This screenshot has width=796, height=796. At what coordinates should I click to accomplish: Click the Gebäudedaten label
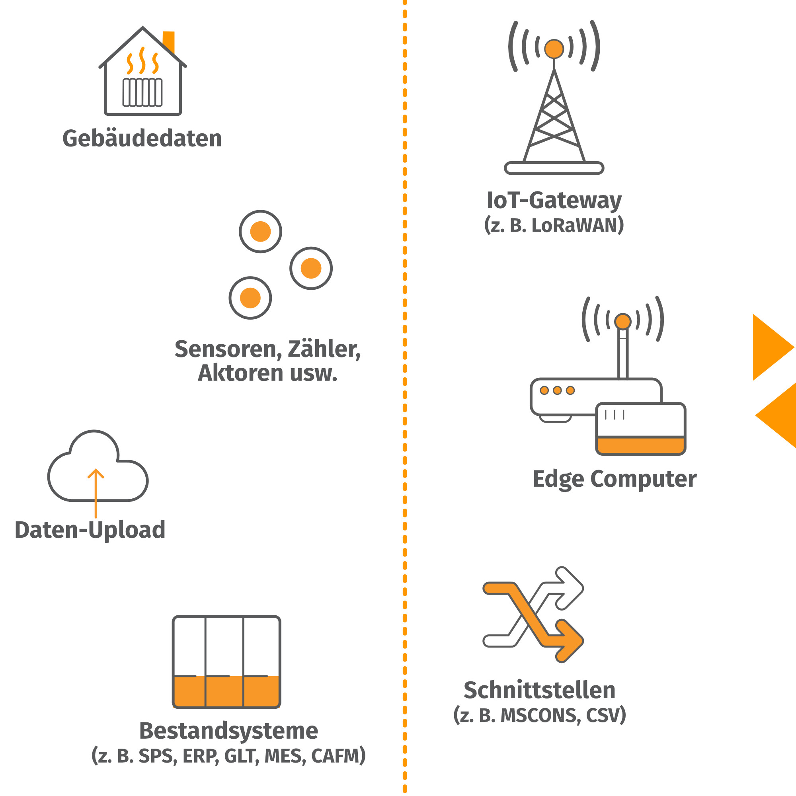click(142, 139)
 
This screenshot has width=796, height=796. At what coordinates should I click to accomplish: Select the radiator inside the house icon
click(142, 92)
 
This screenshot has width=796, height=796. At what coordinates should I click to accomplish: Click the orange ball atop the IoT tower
click(554, 49)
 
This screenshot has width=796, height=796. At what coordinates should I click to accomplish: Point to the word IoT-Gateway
click(554, 201)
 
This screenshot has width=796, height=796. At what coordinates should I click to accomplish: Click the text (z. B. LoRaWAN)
click(554, 225)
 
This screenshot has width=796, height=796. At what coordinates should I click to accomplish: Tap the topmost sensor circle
click(260, 232)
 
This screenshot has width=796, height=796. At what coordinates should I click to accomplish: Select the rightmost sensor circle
click(311, 269)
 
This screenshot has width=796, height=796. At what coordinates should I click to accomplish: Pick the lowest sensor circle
click(250, 298)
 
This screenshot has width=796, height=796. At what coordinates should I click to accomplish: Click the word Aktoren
click(240, 373)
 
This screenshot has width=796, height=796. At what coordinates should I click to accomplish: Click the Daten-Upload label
click(90, 530)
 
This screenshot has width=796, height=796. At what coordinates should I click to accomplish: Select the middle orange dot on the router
click(557, 390)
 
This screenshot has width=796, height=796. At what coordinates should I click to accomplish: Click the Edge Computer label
click(614, 479)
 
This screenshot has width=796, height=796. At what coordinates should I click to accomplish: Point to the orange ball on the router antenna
click(622, 321)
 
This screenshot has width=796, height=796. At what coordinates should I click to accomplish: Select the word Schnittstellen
click(539, 691)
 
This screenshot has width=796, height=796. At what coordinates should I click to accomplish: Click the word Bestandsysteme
click(229, 731)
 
